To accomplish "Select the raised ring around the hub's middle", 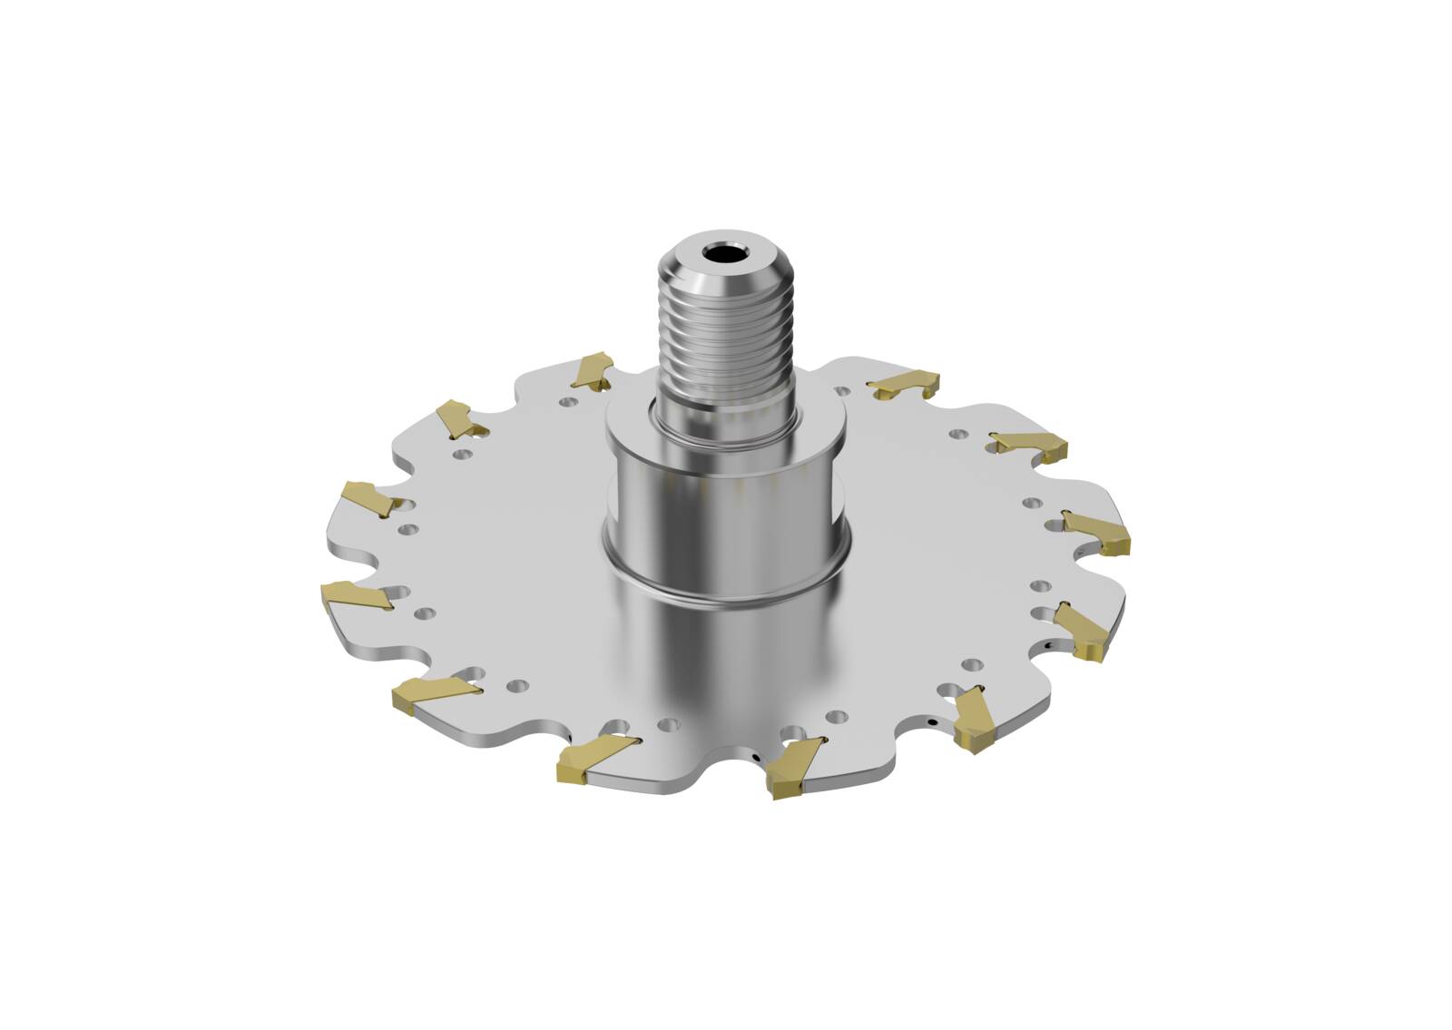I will click(x=726, y=581).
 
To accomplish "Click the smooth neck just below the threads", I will click(x=726, y=419).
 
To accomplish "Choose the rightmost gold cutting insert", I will click(x=1099, y=535).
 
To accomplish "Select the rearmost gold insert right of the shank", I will click(x=904, y=385).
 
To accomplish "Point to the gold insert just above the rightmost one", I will click(x=1030, y=445).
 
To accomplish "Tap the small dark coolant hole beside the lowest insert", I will click(x=754, y=754).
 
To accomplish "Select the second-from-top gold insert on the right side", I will click(x=1030, y=445).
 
